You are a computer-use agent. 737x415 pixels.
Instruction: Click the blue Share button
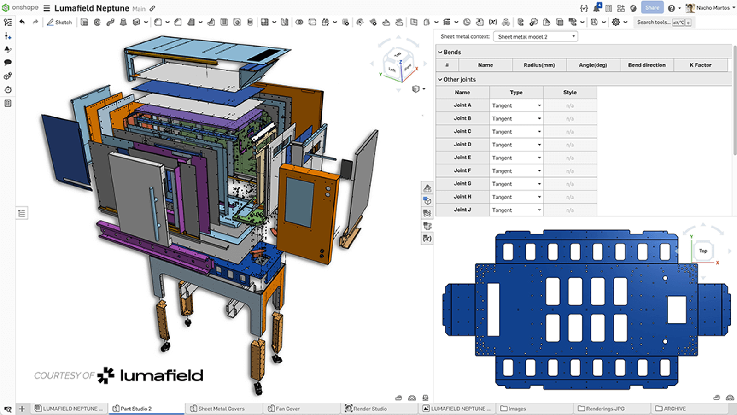pos(652,8)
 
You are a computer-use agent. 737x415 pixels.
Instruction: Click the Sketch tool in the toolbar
pos(59,22)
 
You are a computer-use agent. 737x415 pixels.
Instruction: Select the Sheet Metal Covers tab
pos(221,409)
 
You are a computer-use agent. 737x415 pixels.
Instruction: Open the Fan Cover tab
pos(287,409)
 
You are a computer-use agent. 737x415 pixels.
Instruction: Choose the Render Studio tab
pos(369,409)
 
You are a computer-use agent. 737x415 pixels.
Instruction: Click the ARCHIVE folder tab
pos(674,409)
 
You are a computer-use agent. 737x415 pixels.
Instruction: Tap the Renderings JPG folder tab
pos(605,409)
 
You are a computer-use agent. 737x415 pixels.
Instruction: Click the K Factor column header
pos(700,65)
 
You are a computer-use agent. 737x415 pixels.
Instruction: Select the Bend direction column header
pos(647,65)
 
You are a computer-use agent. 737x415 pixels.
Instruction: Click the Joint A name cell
pos(462,105)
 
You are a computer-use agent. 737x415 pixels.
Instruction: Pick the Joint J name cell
pos(462,210)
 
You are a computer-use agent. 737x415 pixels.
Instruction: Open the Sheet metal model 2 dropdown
pos(535,36)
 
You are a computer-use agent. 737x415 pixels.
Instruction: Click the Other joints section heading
pos(459,79)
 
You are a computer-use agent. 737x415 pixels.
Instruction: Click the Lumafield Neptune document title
pos(92,8)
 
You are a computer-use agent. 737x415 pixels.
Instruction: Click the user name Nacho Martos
pos(713,8)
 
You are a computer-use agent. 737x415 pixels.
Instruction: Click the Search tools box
pos(653,22)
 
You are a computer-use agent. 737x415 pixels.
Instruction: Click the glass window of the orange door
pos(299,202)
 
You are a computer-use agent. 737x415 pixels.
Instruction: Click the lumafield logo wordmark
pos(161,376)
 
